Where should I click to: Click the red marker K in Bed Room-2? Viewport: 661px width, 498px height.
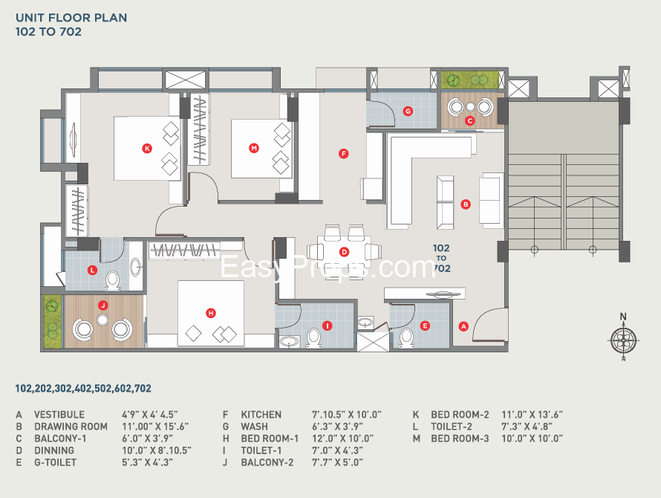(x=147, y=149)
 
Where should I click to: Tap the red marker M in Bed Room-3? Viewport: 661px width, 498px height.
(x=254, y=149)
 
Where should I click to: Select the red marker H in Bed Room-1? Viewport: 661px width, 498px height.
(x=211, y=314)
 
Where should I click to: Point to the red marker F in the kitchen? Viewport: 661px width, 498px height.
(x=343, y=154)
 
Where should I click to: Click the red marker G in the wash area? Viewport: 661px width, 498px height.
(x=408, y=111)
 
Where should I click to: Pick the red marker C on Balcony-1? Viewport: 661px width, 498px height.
(x=469, y=120)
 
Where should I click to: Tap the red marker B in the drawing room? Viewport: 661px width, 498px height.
(x=466, y=204)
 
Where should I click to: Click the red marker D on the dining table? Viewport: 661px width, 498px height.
(x=344, y=252)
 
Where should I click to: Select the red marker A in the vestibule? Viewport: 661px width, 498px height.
(x=463, y=326)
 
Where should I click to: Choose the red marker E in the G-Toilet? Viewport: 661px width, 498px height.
(x=425, y=325)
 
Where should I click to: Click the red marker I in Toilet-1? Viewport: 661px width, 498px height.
(x=326, y=326)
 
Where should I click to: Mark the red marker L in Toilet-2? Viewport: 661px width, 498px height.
(x=92, y=270)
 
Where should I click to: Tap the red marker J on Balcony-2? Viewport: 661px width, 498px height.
(x=103, y=305)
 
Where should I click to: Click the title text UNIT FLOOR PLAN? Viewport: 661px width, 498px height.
(x=71, y=17)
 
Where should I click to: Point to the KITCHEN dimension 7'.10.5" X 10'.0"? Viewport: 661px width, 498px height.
(x=346, y=415)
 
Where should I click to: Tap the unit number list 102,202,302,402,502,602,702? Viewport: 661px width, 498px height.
(x=83, y=389)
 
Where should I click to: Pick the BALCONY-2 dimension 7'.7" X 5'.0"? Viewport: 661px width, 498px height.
(x=337, y=462)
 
